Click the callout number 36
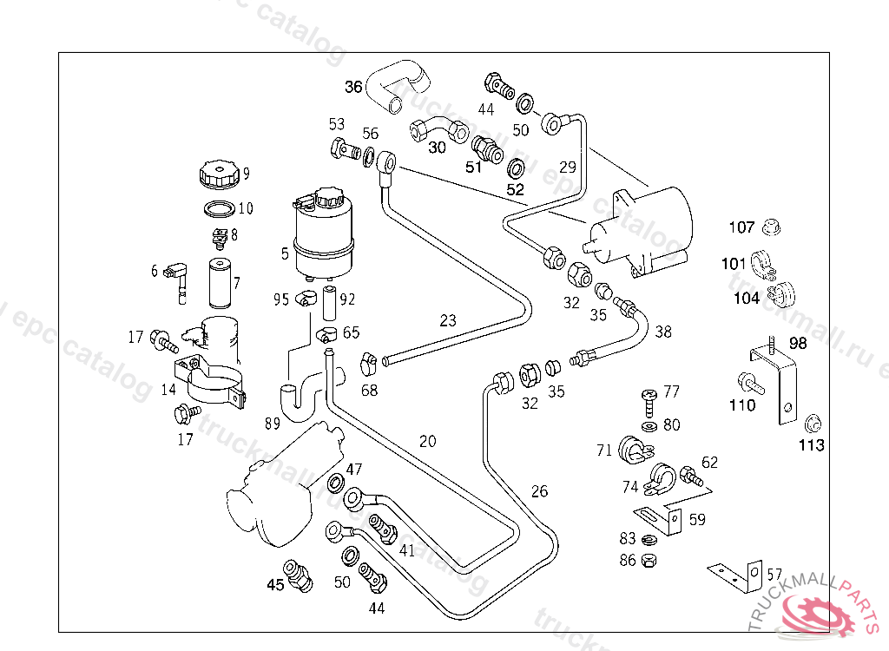pos(353,87)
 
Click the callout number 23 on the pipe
pos(447,320)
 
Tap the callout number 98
pos(798,344)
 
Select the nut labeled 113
pos(813,424)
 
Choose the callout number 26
pos(539,491)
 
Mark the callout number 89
pos(272,424)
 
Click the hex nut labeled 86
pos(649,560)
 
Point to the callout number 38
pos(663,331)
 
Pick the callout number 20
pos(427,441)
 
